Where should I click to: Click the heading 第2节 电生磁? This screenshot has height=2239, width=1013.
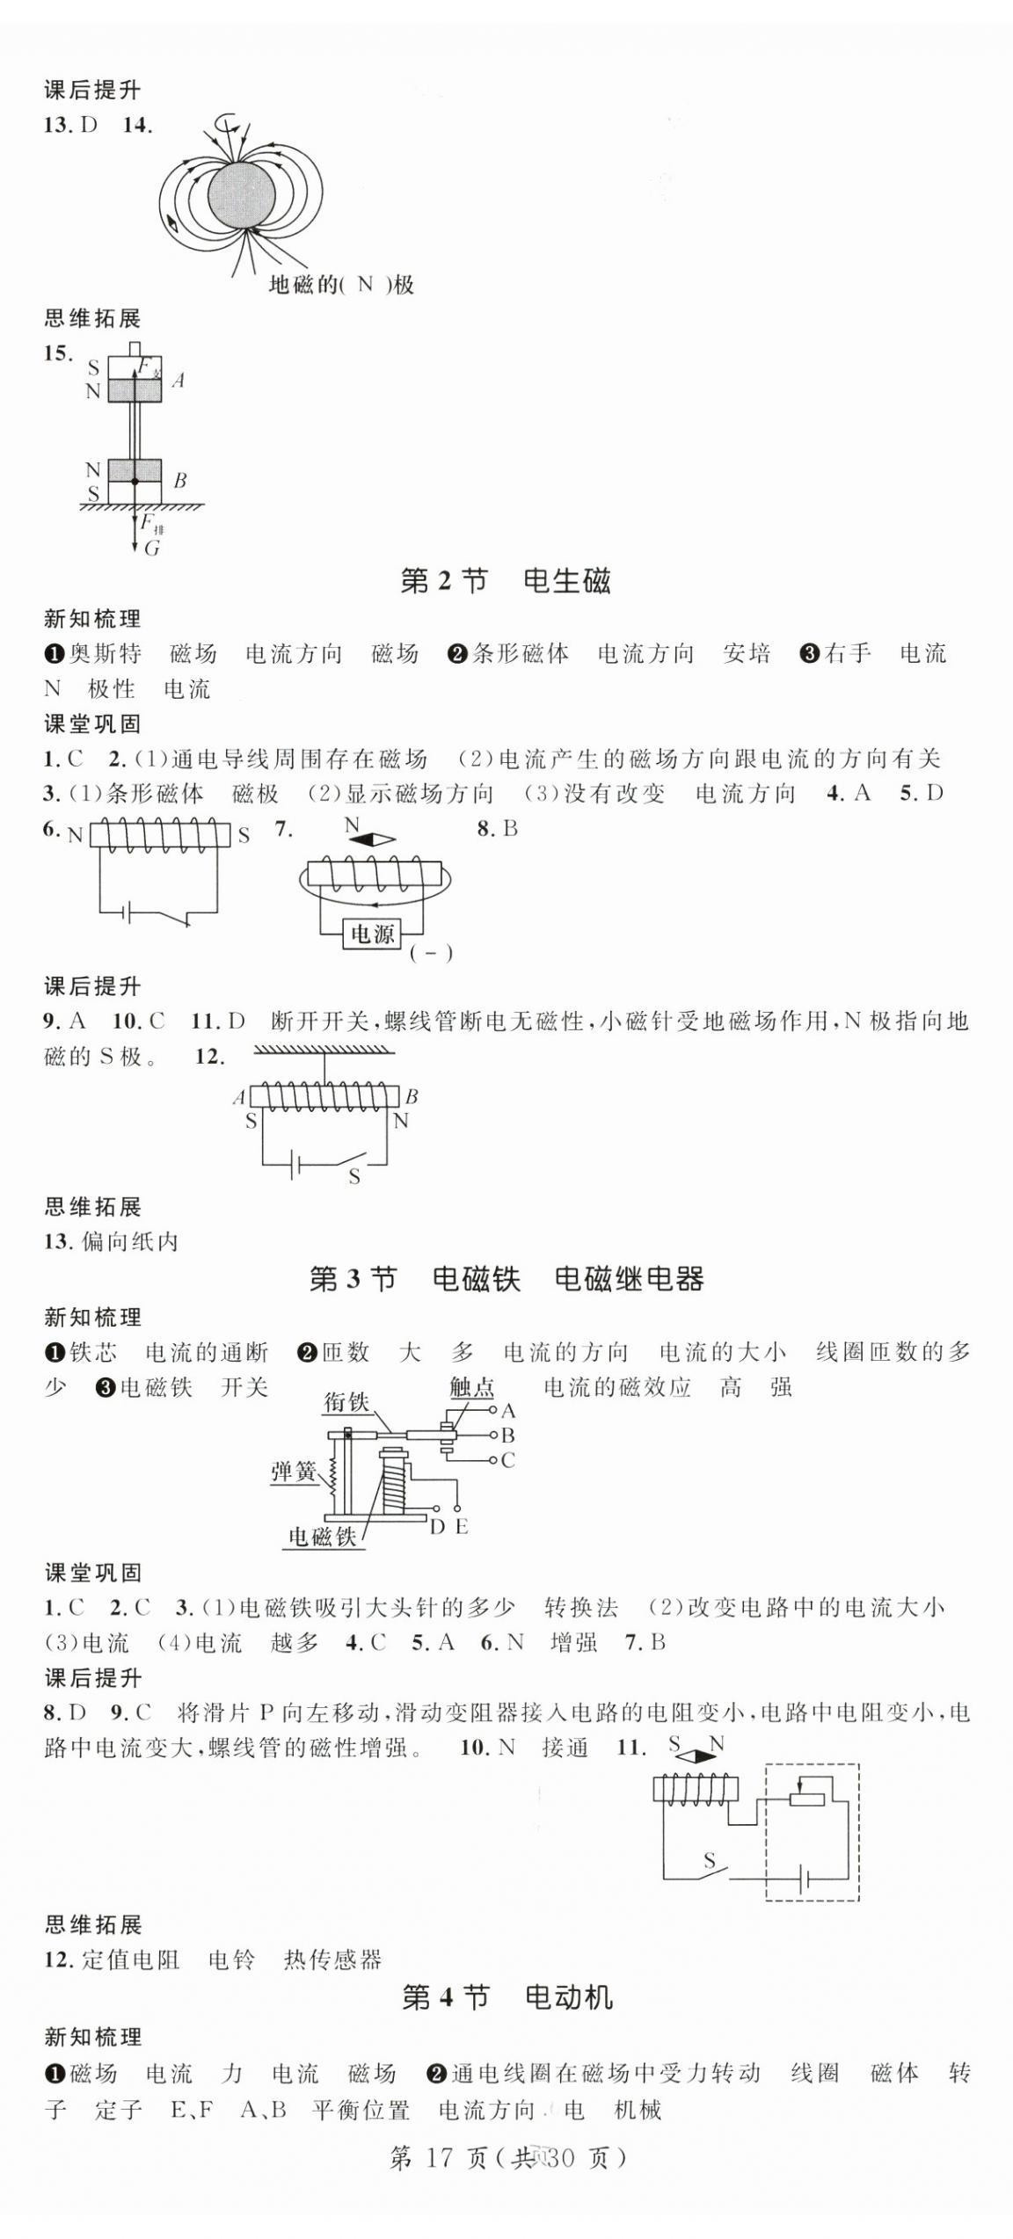tap(506, 581)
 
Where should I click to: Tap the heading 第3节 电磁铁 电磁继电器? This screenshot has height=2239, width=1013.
tap(506, 1279)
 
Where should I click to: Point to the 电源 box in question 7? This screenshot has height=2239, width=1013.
tap(373, 934)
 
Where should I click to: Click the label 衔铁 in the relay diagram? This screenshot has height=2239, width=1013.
tap(346, 1402)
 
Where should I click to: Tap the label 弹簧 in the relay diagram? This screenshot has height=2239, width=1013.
tap(293, 1471)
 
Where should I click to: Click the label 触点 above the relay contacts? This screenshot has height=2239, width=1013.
tap(472, 1388)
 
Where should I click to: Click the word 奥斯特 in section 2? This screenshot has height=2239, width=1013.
tap(106, 653)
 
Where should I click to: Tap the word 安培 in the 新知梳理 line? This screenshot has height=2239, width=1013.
tap(747, 653)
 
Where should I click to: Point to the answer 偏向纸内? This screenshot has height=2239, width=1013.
tap(130, 1241)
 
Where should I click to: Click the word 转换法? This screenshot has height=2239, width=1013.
tap(581, 1608)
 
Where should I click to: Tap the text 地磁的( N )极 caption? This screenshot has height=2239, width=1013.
tap(341, 284)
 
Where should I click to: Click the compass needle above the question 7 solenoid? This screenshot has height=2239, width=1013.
tap(373, 840)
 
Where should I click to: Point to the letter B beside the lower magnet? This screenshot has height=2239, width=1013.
tap(180, 481)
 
